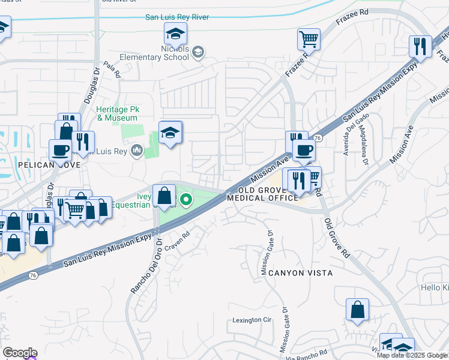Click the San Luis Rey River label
[177, 17]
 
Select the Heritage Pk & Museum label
[117, 114]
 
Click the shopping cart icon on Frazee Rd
[309, 40]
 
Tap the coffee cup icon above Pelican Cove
[60, 149]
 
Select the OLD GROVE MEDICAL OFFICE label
[262, 194]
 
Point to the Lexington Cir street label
[250, 320]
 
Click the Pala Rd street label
[112, 71]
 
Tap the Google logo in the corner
[19, 353]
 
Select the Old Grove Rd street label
[337, 238]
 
